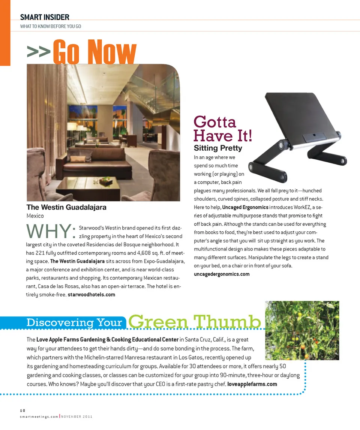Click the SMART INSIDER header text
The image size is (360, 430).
45,17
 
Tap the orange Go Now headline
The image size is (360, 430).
94,52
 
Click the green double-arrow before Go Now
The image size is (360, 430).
38,52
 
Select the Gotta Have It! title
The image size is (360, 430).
223,129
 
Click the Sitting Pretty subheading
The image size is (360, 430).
218,148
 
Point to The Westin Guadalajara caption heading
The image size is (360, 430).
66,207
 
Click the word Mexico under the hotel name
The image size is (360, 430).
35,216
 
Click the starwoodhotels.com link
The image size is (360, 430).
91,295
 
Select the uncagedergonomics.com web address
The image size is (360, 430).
222,274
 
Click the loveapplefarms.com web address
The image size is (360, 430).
252,384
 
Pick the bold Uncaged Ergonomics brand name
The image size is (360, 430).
245,207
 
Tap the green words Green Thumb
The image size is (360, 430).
195,322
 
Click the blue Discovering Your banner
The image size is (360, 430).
75,322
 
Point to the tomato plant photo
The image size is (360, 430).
302,330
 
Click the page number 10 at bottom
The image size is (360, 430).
23,411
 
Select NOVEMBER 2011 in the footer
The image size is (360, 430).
76,417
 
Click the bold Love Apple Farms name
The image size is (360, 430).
107,340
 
